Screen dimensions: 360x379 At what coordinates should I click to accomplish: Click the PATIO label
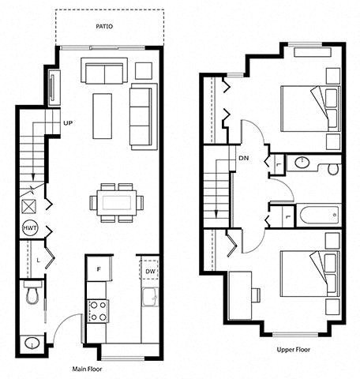pos(104,26)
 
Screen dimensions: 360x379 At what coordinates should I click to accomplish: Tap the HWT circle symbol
pos(30,228)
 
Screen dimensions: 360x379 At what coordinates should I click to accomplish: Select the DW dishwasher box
pos(149,270)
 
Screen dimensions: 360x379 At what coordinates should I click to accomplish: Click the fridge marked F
pos(99,268)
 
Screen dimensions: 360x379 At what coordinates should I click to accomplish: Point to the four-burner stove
pos(98,311)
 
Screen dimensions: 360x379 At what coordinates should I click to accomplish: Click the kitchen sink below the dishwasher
pos(150,297)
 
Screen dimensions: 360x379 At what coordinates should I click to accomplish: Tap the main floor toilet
pos(32,292)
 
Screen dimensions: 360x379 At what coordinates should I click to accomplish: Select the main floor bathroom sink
pos(32,343)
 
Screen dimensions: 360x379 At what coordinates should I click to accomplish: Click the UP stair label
pos(68,123)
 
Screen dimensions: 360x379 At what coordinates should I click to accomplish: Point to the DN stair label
pos(243,158)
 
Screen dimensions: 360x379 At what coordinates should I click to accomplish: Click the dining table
pos(117,203)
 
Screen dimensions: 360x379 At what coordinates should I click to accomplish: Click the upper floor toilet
pos(334,168)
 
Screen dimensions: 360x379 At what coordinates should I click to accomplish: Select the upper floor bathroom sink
pos(302,162)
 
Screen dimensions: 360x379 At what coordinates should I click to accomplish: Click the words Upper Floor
pos(293,350)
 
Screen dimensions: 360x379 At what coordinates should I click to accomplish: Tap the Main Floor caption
pos(87,369)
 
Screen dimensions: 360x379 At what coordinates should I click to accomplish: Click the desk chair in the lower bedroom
pos(256,295)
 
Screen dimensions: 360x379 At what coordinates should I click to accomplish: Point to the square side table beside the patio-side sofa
pos(144,70)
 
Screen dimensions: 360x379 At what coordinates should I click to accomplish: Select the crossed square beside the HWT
pos(28,206)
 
